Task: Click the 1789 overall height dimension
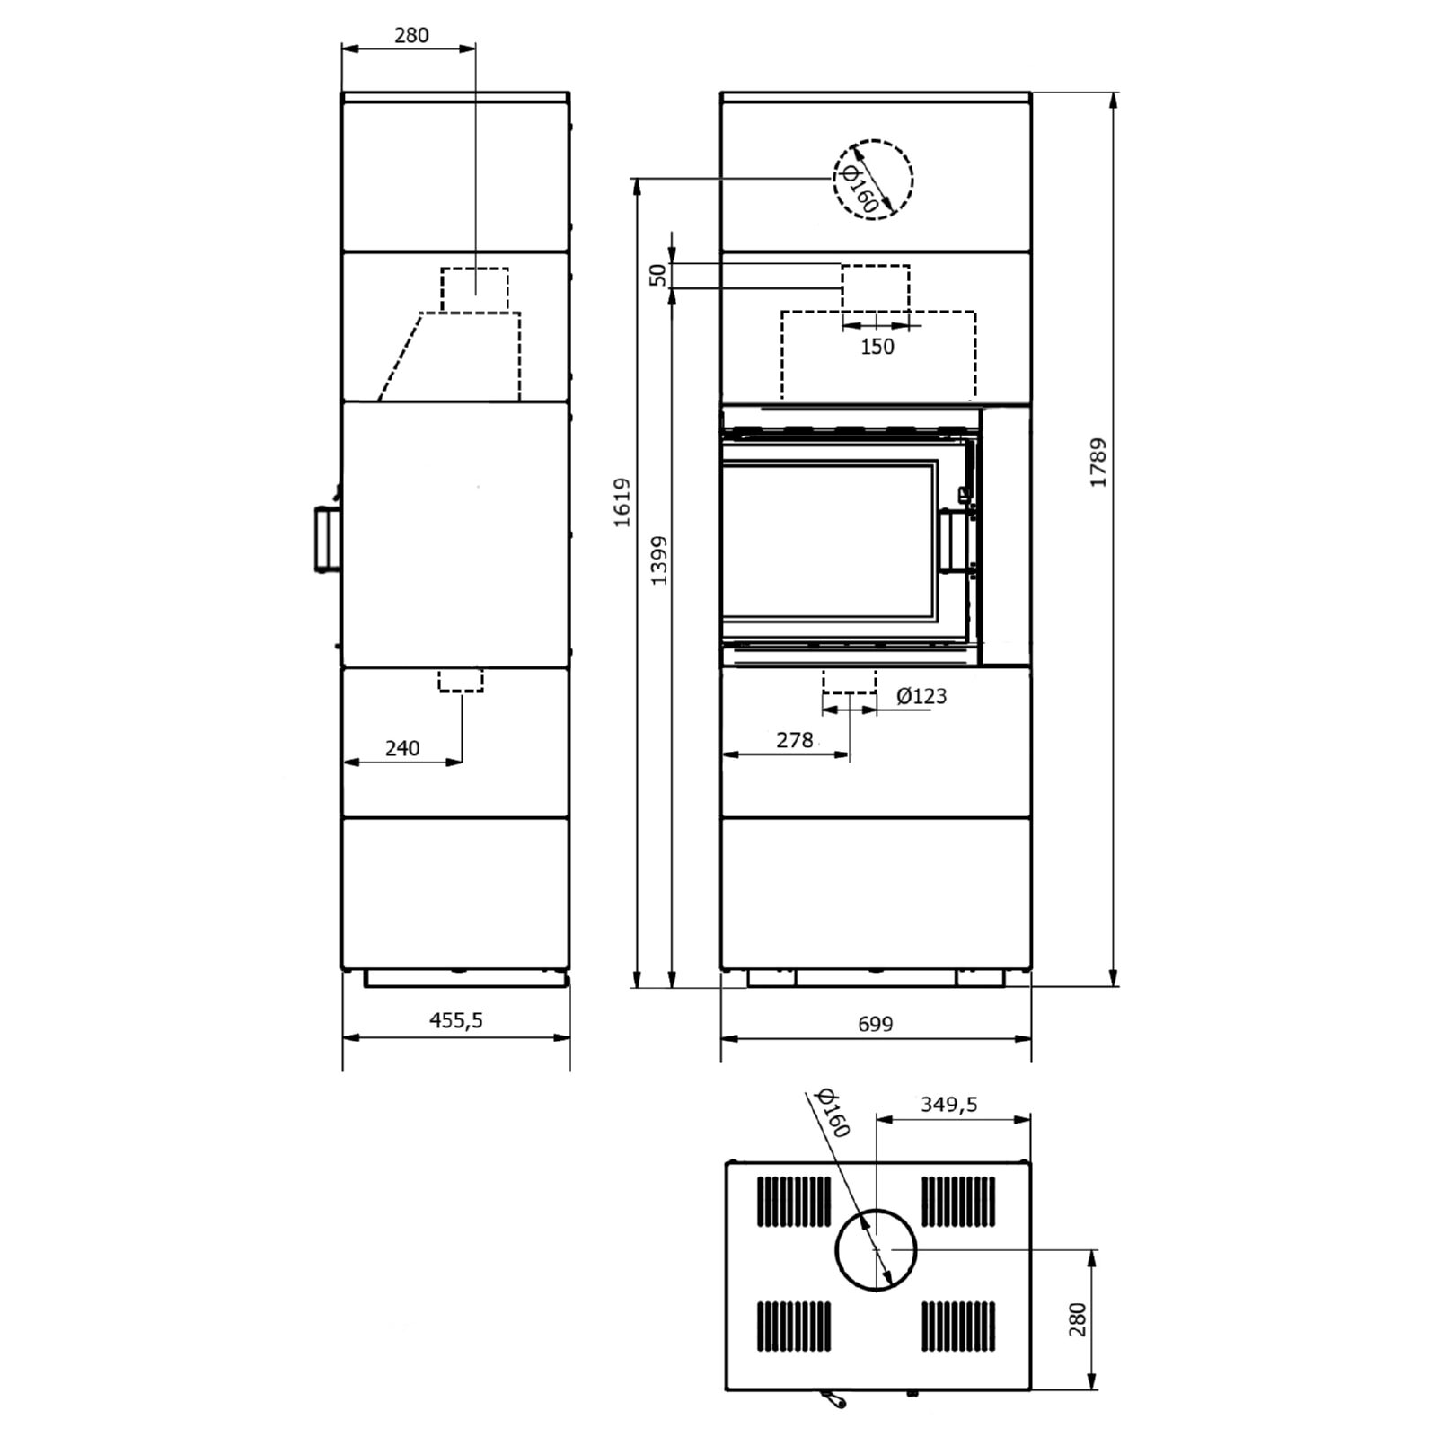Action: pyautogui.click(x=1098, y=463)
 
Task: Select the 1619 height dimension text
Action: pyautogui.click(x=622, y=502)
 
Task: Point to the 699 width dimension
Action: pyautogui.click(x=875, y=1024)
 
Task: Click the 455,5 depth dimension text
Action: pyautogui.click(x=456, y=1020)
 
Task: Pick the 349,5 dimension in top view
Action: pyautogui.click(x=948, y=1105)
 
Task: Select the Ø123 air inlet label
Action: pyautogui.click(x=921, y=696)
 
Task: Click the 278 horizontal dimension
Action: pyautogui.click(x=794, y=740)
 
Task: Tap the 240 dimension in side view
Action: pyautogui.click(x=401, y=748)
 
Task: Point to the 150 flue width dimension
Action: pyautogui.click(x=877, y=346)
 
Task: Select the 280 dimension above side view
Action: pyautogui.click(x=411, y=35)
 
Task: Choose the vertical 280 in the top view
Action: pyautogui.click(x=1078, y=1319)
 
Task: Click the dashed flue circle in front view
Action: pyautogui.click(x=873, y=180)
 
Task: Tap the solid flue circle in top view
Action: pyautogui.click(x=876, y=1249)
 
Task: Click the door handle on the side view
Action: pyautogui.click(x=324, y=539)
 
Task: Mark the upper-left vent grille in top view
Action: pyautogui.click(x=795, y=1201)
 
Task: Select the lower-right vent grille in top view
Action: pyautogui.click(x=958, y=1326)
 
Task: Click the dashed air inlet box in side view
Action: pyautogui.click(x=461, y=680)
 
